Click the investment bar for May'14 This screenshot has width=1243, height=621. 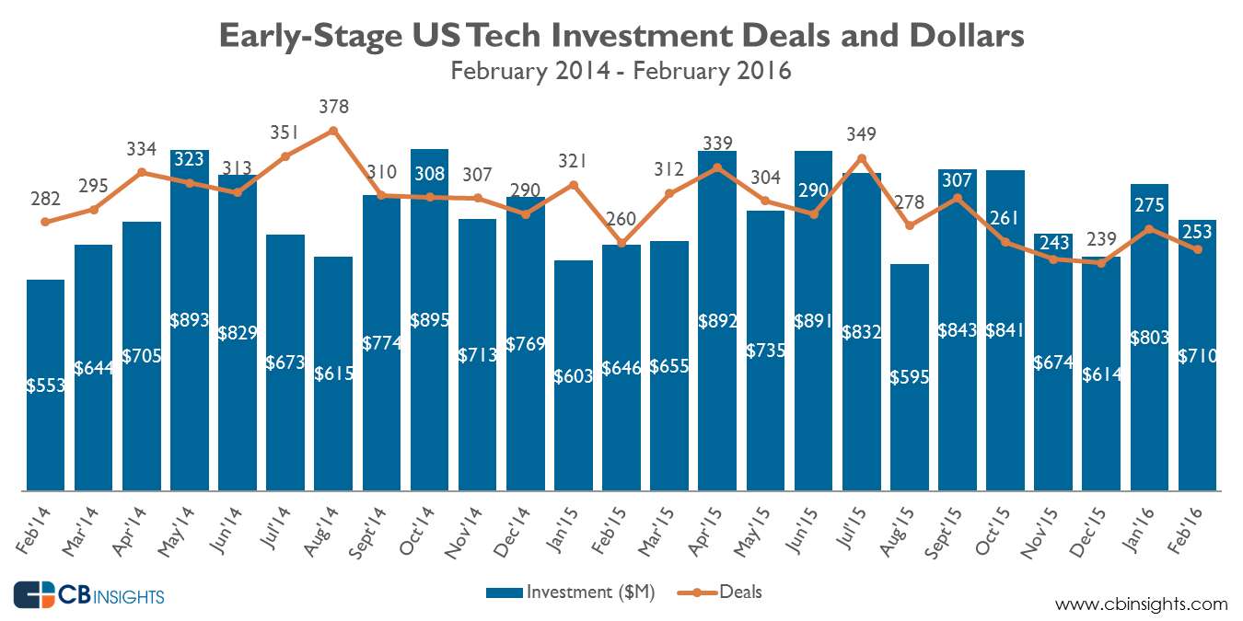point(189,368)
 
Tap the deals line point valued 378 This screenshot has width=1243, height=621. point(333,130)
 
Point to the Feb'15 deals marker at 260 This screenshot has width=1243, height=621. point(621,244)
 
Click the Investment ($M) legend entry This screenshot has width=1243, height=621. point(571,592)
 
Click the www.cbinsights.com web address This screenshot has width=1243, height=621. point(1141,604)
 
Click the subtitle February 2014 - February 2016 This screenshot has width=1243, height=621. point(621,70)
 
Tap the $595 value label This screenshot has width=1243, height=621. point(910,377)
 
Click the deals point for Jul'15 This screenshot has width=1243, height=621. point(861,158)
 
